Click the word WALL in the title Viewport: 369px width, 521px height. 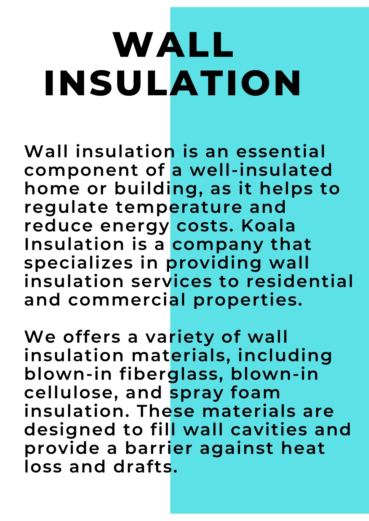(x=174, y=45)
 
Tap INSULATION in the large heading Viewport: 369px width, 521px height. (x=173, y=83)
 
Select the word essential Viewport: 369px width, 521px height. (x=281, y=152)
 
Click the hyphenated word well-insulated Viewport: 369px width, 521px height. (x=261, y=170)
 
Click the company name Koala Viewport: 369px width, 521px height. (x=268, y=226)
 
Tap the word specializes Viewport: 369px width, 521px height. (x=79, y=263)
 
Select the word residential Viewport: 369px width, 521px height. (x=299, y=281)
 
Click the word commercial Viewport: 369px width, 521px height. (x=126, y=300)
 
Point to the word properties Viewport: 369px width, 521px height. (x=248, y=301)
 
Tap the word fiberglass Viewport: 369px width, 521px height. (x=169, y=374)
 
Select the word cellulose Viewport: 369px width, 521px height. (x=71, y=393)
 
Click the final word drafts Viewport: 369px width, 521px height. (x=146, y=467)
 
